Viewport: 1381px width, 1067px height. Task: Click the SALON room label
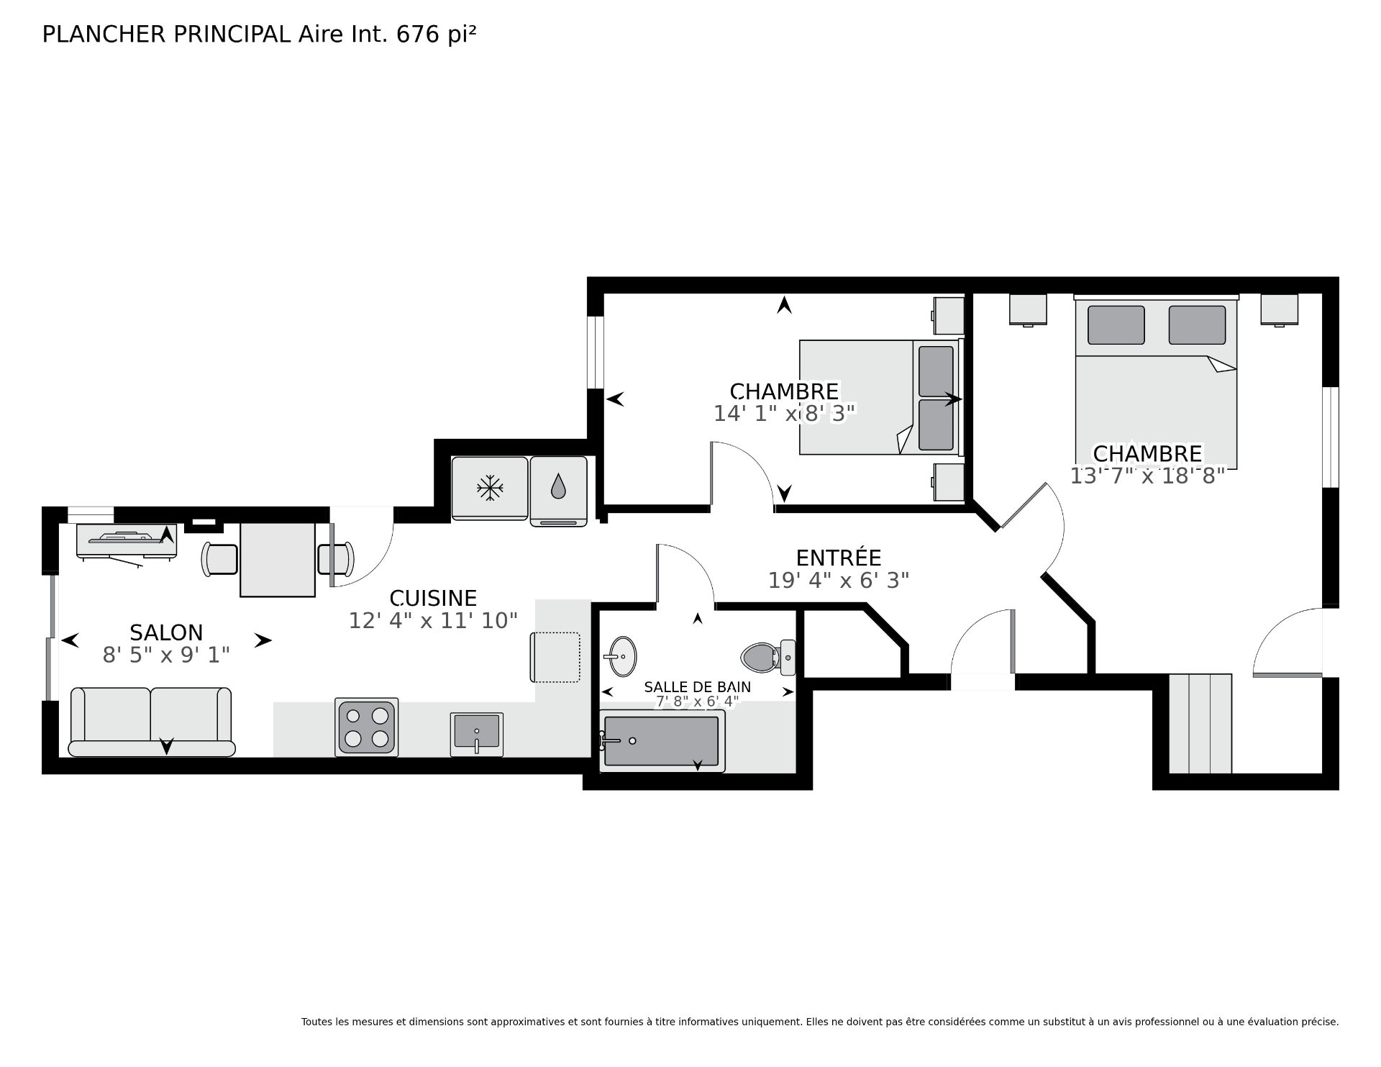(166, 632)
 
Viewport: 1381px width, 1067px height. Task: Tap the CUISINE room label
(433, 598)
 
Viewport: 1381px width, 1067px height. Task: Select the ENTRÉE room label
(839, 557)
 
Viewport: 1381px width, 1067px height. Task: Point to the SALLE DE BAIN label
(697, 687)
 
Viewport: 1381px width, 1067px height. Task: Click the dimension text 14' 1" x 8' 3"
(785, 413)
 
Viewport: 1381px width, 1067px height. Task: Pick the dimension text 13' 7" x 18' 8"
(1147, 476)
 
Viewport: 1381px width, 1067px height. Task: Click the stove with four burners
(367, 727)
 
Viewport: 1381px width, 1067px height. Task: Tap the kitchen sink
(476, 734)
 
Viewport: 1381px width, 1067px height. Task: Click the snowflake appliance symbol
(490, 488)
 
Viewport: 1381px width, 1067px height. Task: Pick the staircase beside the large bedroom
(1200, 723)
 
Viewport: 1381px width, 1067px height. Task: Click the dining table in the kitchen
(278, 560)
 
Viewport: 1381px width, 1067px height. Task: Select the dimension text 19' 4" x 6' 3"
(839, 580)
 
